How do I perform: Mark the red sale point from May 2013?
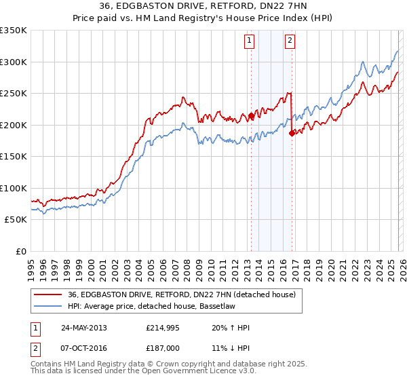click(x=251, y=116)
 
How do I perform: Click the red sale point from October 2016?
click(x=292, y=133)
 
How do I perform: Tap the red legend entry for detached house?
click(x=181, y=294)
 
